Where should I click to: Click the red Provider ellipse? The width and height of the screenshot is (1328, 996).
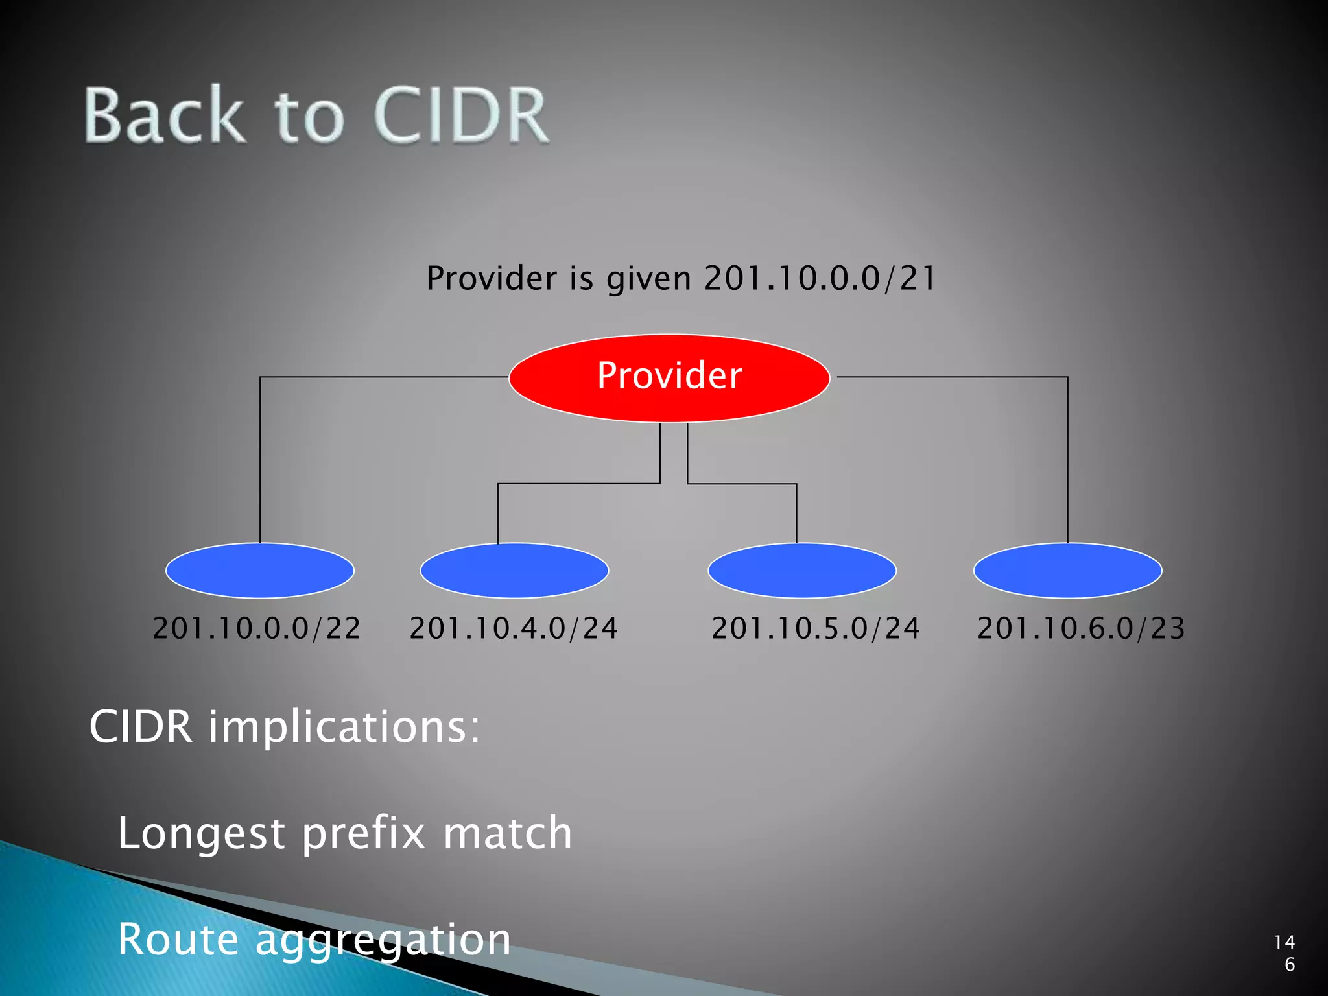669,377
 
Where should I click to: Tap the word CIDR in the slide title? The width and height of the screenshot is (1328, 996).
461,115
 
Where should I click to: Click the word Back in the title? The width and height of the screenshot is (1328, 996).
165,115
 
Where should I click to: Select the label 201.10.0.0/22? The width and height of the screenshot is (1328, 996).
257,628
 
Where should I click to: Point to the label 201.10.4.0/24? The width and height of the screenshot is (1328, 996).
514,628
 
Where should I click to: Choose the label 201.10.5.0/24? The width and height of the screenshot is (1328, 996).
816,628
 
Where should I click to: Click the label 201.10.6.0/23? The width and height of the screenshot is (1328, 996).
1081,628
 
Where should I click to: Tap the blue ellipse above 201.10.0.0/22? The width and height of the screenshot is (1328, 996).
260,571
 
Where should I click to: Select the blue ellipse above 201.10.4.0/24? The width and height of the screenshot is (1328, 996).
514,571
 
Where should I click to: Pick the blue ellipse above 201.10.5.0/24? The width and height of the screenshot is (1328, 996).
802,571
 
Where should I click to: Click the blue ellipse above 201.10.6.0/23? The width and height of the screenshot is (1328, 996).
1068,571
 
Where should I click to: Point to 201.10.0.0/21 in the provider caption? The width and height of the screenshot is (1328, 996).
820,278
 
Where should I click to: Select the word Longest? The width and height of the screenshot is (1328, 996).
201,834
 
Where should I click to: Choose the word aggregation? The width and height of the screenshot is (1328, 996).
383,941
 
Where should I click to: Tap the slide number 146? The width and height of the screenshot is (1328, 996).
1285,953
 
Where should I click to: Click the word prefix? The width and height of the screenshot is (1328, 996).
363,834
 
